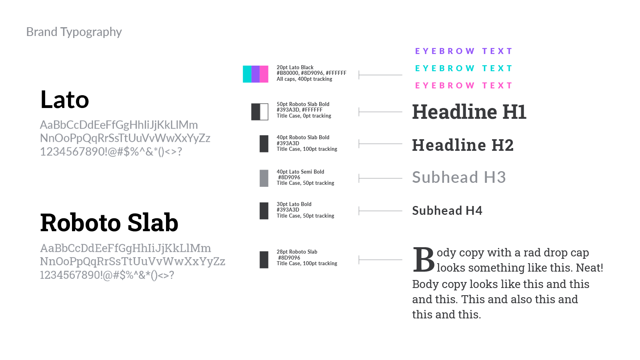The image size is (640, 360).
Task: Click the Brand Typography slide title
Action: point(74,32)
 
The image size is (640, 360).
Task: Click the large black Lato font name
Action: point(65,100)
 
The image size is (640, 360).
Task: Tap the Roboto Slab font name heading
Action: point(109,223)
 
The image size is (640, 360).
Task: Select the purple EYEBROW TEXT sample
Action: point(464,51)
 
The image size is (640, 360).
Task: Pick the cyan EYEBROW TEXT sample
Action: point(464,68)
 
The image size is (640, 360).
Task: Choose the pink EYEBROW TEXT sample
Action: point(464,86)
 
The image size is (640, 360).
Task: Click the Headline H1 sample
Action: point(469,112)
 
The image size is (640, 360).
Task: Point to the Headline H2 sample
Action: point(463,145)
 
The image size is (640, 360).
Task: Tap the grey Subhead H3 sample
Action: point(459,177)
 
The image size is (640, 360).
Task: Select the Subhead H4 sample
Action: point(447,211)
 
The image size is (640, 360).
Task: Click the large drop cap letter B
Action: point(423,260)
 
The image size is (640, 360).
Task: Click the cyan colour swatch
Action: point(247,74)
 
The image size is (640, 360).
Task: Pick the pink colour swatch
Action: point(264,74)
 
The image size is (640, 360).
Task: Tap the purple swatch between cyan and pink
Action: point(256,74)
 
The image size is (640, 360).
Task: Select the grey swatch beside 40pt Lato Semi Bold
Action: point(264,178)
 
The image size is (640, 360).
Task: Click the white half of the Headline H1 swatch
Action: point(264,112)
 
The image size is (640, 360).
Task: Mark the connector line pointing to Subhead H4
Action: point(380,211)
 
